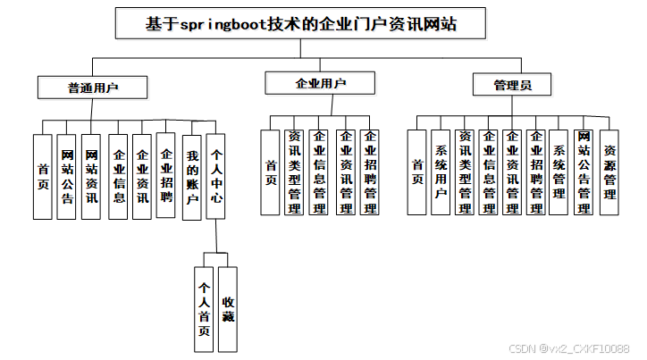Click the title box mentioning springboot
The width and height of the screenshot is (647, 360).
pyautogui.click(x=301, y=24)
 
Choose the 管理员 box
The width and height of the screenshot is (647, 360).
pyautogui.click(x=512, y=85)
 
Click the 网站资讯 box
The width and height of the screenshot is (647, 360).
pyautogui.click(x=91, y=176)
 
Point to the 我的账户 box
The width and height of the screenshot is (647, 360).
pyautogui.click(x=191, y=176)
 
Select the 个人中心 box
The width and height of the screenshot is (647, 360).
pyautogui.click(x=216, y=176)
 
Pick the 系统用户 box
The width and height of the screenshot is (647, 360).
pyautogui.click(x=441, y=172)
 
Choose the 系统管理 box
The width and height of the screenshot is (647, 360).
pyautogui.click(x=560, y=172)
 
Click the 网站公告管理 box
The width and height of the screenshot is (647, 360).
pyautogui.click(x=584, y=172)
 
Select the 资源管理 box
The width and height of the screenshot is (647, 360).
pyautogui.click(x=609, y=172)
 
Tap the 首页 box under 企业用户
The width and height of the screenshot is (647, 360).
pyautogui.click(x=271, y=172)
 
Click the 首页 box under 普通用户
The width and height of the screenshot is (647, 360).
pyautogui.click(x=42, y=176)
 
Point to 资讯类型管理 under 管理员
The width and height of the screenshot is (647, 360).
pyautogui.click(x=465, y=172)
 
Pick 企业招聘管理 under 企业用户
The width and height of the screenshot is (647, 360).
pyautogui.click(x=370, y=172)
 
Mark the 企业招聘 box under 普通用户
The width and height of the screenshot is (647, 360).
pyautogui.click(x=166, y=176)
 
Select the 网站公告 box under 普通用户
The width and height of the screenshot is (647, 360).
pyautogui.click(x=67, y=176)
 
